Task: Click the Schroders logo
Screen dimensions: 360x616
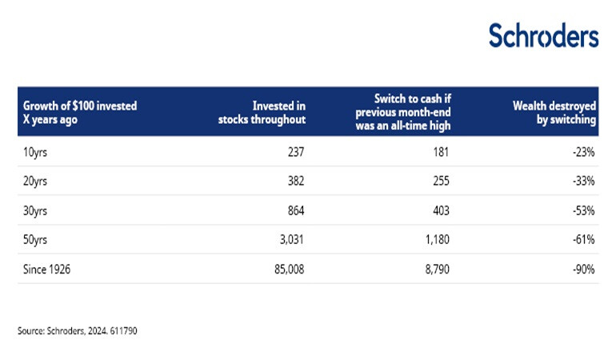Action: pyautogui.click(x=543, y=35)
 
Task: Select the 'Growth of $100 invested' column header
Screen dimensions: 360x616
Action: pyautogui.click(x=79, y=111)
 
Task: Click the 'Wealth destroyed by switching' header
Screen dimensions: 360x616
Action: pyautogui.click(x=554, y=111)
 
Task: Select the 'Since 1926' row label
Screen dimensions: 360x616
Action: pyautogui.click(x=47, y=270)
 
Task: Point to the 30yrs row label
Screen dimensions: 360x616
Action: pyautogui.click(x=36, y=211)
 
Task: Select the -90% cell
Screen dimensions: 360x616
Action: pyautogui.click(x=583, y=270)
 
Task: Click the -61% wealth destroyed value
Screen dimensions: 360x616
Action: pyautogui.click(x=583, y=241)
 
